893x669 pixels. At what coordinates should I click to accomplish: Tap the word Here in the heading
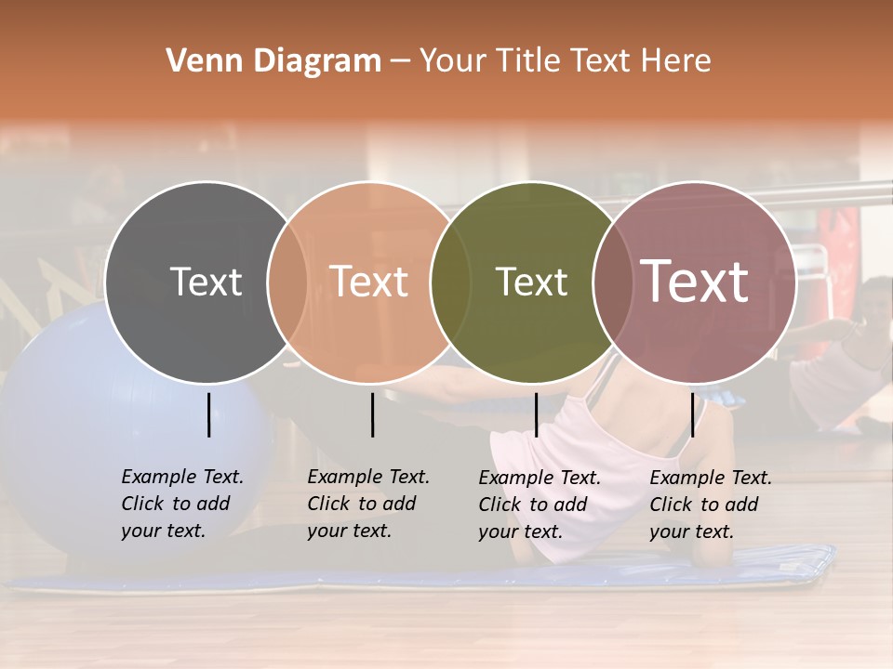click(x=677, y=61)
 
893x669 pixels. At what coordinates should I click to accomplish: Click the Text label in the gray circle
click(x=206, y=282)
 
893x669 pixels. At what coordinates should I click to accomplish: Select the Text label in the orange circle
click(x=368, y=282)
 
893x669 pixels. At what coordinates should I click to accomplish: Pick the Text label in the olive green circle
click(x=531, y=282)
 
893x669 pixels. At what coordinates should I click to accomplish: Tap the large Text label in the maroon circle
click(x=695, y=282)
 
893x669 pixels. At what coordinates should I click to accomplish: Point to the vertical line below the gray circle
click(x=209, y=414)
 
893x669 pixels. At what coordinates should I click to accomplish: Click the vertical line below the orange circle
click(x=372, y=414)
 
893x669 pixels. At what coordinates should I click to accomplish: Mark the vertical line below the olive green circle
click(x=536, y=414)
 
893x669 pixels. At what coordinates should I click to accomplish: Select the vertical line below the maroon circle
click(x=692, y=414)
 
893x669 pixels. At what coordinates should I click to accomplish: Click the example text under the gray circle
click(x=181, y=504)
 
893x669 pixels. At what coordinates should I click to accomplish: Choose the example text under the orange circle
click(x=367, y=504)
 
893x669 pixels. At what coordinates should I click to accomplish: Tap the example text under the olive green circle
click(x=539, y=505)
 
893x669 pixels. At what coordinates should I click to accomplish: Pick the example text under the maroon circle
click(x=710, y=505)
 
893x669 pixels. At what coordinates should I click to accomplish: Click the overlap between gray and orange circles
click(x=287, y=282)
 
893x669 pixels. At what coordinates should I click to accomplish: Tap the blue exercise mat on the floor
click(x=419, y=578)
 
